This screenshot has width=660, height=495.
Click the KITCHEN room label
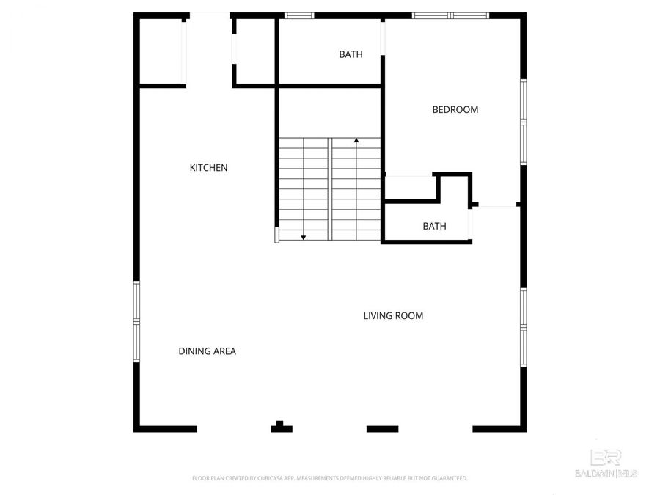coord(209,168)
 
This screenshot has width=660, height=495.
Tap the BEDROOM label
coord(455,110)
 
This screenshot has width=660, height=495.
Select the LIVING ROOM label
coord(393,316)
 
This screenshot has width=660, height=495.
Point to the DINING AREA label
coord(207,351)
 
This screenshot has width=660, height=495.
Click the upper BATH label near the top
coord(351,54)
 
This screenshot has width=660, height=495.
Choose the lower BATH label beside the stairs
coord(434,227)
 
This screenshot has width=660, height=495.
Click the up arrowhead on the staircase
coord(356,139)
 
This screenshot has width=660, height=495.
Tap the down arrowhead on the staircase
coord(303,237)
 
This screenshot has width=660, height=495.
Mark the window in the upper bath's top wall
coord(299,15)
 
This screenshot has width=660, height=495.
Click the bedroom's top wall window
coord(450,15)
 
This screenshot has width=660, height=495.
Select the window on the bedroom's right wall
coord(523,122)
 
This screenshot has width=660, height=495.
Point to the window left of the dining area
coord(136,321)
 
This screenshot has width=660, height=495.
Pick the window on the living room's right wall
coord(523,327)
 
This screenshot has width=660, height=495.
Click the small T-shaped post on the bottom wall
coord(281,427)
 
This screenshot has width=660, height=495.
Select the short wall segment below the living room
coord(382,428)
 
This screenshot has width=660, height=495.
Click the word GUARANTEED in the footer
coord(449,478)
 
